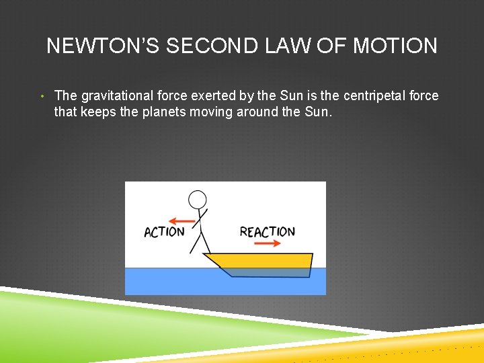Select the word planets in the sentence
pos(165,112)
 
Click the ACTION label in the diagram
pos(164,232)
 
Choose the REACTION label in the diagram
pos(267,232)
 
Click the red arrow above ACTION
pos(182,220)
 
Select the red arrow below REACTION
pos(268,243)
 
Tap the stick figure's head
pos(198,199)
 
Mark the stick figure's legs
pos(200,242)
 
